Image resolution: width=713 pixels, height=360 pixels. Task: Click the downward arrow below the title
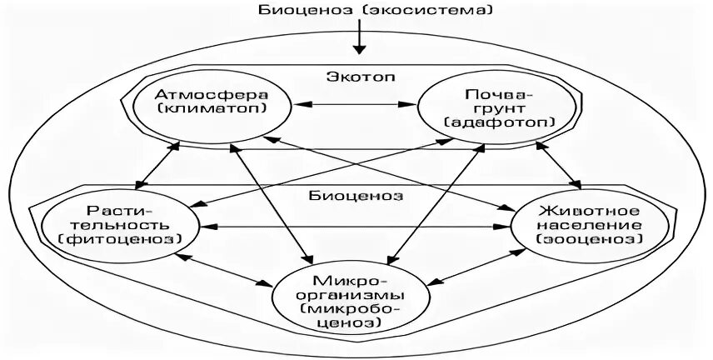coord(359,37)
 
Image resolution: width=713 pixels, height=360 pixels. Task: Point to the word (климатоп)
coord(212,110)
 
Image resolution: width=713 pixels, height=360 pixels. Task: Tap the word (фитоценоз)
coord(121,240)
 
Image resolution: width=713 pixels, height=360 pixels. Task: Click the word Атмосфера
coord(212,94)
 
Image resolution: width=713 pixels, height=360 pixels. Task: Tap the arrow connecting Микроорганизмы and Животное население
coord(475,266)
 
